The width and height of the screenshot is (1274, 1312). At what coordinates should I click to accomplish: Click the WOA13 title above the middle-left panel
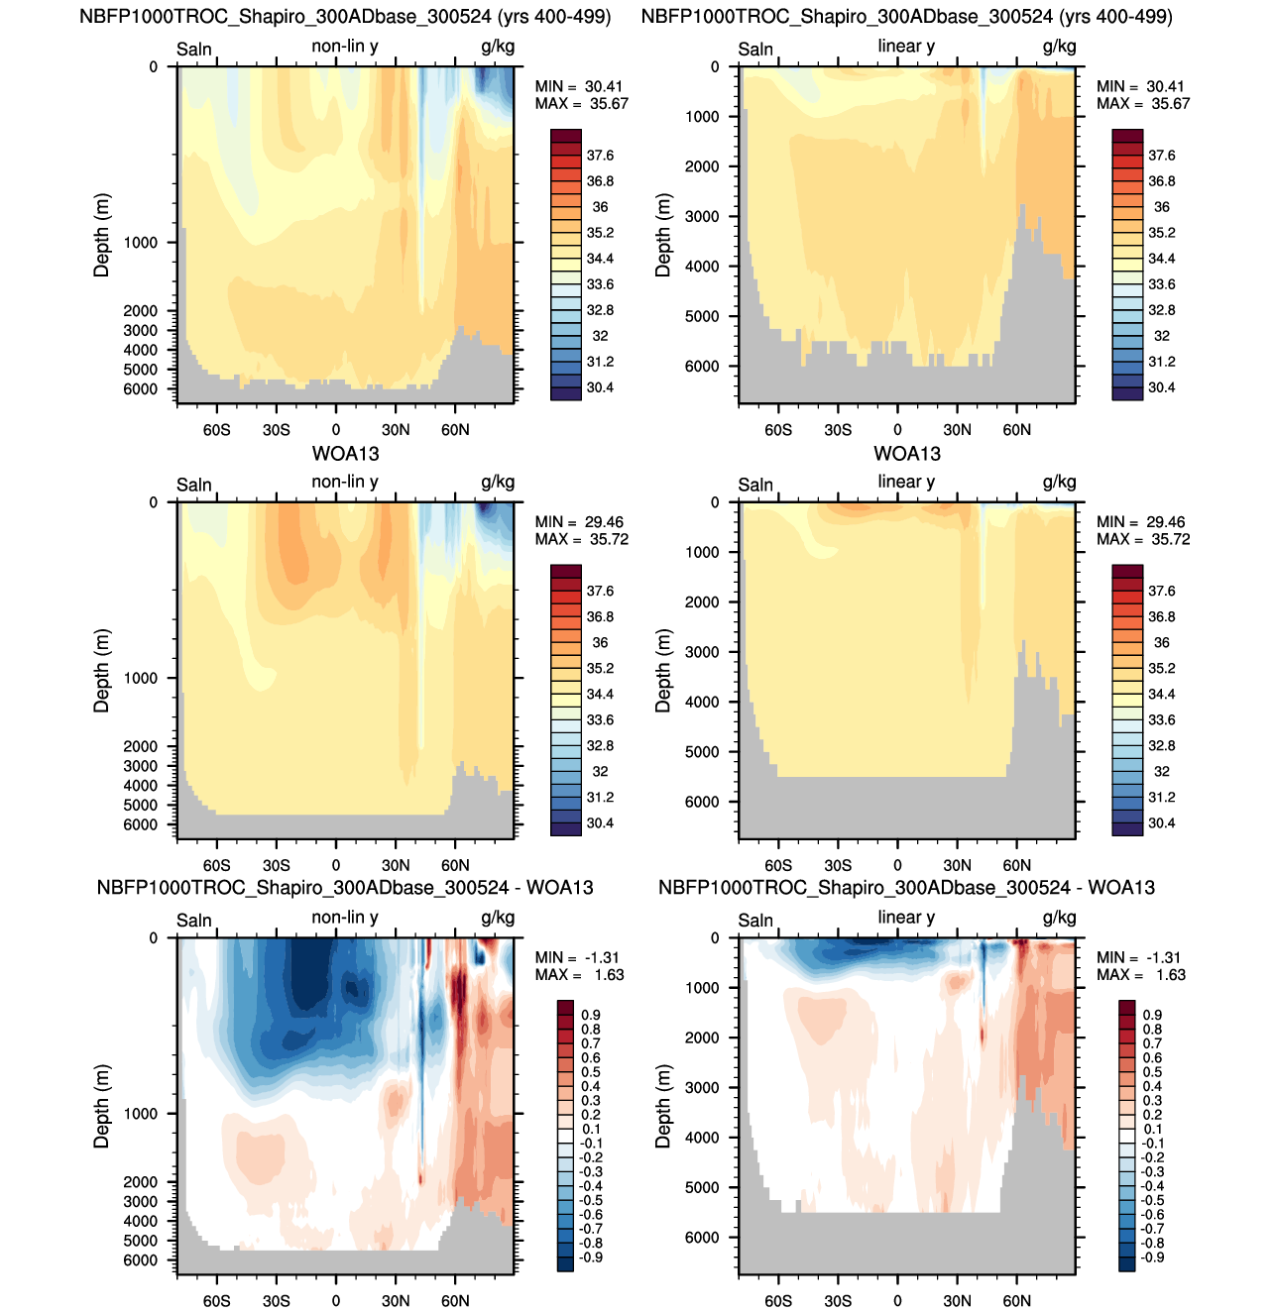pyautogui.click(x=345, y=454)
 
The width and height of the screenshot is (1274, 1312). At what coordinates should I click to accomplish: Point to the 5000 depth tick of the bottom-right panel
pyautogui.click(x=702, y=1187)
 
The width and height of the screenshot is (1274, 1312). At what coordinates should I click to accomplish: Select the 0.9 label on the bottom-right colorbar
pyautogui.click(x=1152, y=1015)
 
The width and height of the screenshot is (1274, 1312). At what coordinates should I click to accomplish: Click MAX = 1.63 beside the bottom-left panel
pyautogui.click(x=580, y=975)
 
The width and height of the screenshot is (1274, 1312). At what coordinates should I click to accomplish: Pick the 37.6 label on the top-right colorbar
pyautogui.click(x=1161, y=156)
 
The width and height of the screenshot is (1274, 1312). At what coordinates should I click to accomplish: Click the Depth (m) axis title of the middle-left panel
pyautogui.click(x=101, y=670)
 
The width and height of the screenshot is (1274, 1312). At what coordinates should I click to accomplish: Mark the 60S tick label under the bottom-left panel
pyautogui.click(x=216, y=1300)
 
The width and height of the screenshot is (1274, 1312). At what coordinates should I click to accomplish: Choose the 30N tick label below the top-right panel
pyautogui.click(x=957, y=429)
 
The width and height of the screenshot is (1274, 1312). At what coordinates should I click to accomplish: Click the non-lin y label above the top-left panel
pyautogui.click(x=345, y=47)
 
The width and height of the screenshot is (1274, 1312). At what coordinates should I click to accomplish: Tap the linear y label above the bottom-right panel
pyautogui.click(x=906, y=918)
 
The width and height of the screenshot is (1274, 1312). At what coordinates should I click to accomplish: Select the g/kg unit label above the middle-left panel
pyautogui.click(x=498, y=483)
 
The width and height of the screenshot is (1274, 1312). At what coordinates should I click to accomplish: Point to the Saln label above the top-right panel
pyautogui.click(x=755, y=49)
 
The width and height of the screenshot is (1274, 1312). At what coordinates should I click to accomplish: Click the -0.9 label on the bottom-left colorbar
pyautogui.click(x=591, y=1257)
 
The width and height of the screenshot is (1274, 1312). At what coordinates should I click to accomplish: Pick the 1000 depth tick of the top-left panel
pyautogui.click(x=141, y=243)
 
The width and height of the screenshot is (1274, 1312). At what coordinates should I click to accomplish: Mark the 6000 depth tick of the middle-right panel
pyautogui.click(x=702, y=802)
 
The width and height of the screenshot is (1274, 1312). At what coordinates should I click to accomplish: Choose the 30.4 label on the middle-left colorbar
pyautogui.click(x=600, y=823)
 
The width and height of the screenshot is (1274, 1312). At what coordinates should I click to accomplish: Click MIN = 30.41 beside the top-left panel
pyautogui.click(x=579, y=86)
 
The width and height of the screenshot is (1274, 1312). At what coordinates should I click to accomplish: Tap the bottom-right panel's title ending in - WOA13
pyautogui.click(x=906, y=888)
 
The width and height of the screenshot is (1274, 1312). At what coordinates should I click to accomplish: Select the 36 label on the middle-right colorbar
pyautogui.click(x=1161, y=642)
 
